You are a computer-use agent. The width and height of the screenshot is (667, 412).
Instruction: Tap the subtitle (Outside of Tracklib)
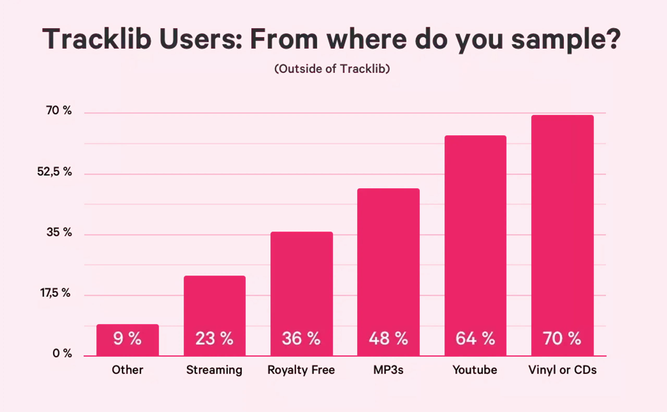332,69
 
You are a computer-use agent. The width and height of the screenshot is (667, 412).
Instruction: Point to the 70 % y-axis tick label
59,110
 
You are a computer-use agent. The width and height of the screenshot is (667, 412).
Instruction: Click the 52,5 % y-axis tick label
54,172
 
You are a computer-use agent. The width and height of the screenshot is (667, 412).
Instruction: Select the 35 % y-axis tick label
59,232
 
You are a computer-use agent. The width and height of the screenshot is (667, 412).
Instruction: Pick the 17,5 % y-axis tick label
55,293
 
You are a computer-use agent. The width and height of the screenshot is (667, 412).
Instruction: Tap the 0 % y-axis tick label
62,353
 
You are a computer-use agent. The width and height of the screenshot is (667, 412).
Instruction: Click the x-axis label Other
127,370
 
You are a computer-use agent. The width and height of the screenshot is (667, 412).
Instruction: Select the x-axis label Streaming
214,370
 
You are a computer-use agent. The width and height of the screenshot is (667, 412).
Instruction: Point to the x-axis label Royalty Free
301,370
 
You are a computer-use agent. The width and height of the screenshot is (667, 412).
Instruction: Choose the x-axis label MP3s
388,370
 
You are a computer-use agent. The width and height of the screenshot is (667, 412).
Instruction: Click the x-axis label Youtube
475,370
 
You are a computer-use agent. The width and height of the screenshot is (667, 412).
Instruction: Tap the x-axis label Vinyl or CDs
563,370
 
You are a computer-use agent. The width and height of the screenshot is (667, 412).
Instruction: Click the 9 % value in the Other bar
127,339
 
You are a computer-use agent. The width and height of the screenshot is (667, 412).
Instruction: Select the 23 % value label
214,339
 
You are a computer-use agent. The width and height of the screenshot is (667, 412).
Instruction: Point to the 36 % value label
301,339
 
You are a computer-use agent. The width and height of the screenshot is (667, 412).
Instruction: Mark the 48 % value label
388,339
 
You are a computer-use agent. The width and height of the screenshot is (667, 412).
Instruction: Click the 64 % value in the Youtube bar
475,339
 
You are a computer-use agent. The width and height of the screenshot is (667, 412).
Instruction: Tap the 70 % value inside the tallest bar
562,339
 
